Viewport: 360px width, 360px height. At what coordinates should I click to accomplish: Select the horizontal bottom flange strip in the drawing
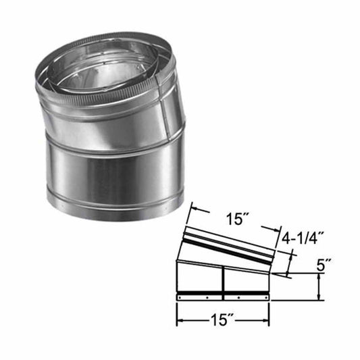coord(222,297)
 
